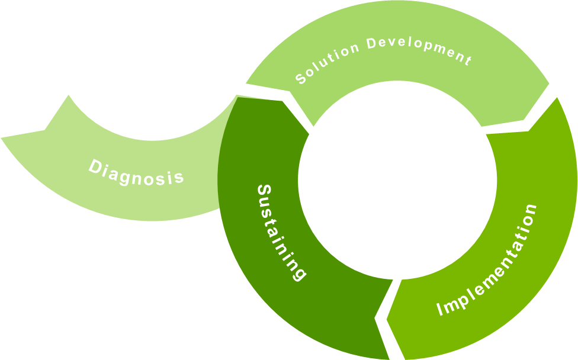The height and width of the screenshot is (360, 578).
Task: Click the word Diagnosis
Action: pyautogui.click(x=136, y=172)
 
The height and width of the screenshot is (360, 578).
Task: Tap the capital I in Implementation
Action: pyautogui.click(x=440, y=309)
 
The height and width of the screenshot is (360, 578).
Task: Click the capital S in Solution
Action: pyautogui.click(x=300, y=80)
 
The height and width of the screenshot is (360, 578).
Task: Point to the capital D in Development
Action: pyautogui.click(x=372, y=43)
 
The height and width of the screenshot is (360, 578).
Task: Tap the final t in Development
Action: pyautogui.click(x=468, y=60)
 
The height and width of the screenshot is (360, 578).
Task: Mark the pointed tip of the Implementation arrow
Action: pyautogui.click(x=387, y=320)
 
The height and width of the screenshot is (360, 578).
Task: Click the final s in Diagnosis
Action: pyautogui.click(x=179, y=177)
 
